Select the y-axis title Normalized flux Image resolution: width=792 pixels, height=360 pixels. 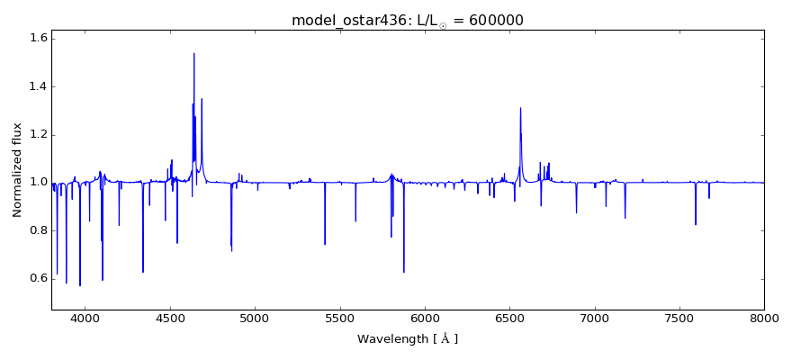coord(17,170)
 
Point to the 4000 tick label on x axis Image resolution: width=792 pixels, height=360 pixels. coord(85,318)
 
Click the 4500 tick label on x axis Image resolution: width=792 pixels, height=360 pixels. coord(170,318)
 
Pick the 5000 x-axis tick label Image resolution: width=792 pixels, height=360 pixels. coord(255,318)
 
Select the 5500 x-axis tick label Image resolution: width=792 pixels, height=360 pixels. coord(340,318)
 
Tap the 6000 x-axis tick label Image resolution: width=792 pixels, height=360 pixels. coord(425,318)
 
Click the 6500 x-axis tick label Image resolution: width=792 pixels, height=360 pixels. coord(509,318)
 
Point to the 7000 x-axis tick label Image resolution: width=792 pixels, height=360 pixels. coord(595,318)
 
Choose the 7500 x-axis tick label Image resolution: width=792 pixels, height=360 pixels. coord(679,318)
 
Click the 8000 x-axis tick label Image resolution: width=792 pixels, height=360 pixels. coord(764,318)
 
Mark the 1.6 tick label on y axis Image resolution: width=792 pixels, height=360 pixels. coord(36,39)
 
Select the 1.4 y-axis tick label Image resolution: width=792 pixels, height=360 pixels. coord(36,86)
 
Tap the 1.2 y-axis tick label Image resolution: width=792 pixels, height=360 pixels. coord(36,134)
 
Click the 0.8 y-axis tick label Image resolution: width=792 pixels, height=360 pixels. coord(36,230)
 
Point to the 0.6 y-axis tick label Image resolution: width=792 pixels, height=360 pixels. coord(36,278)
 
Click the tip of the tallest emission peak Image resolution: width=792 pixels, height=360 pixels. coord(193,53)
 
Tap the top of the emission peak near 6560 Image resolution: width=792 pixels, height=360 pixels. coord(520,108)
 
